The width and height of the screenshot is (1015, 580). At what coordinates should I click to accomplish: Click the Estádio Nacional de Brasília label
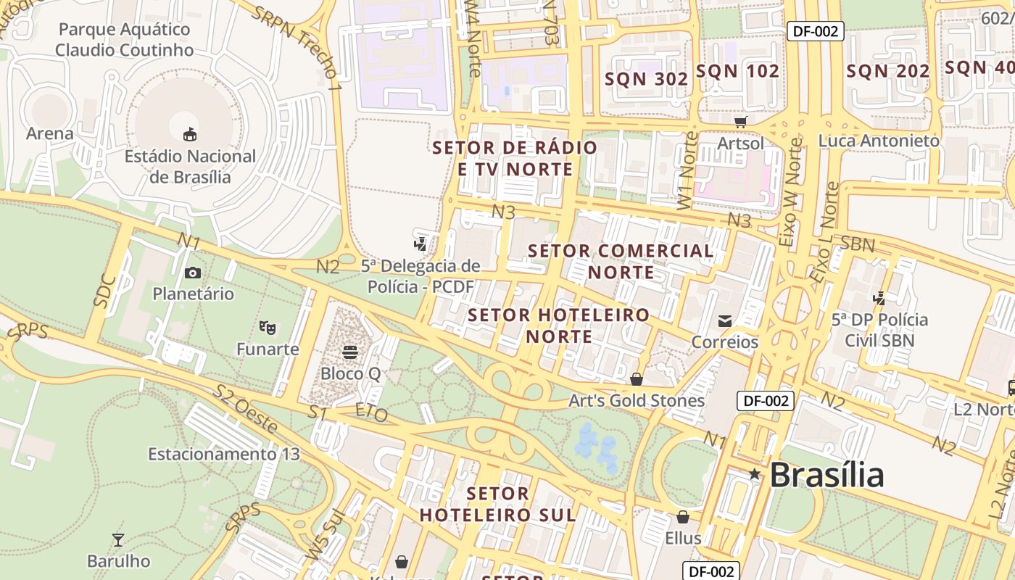coord(190,167)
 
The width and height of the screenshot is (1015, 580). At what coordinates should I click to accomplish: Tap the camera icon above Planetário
coord(192,273)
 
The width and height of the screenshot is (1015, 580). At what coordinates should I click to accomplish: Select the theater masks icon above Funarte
coord(268,328)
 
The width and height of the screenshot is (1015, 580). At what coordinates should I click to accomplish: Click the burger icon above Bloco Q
coord(350,352)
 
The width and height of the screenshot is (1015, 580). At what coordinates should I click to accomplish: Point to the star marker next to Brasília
coord(755,474)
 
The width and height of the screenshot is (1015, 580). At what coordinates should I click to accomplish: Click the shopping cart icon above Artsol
coord(740,122)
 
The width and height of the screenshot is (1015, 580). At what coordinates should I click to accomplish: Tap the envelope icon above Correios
coord(724,320)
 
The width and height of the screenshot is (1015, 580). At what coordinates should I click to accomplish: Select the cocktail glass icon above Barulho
coord(118,539)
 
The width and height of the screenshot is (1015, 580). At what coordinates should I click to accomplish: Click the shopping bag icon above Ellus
coord(682,517)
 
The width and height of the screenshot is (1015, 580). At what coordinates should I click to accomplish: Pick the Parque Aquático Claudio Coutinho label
coord(124,40)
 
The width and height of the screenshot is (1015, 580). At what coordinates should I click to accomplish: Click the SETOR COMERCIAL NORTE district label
coord(621,261)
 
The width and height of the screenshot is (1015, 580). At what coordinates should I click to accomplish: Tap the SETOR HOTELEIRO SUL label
coord(497,505)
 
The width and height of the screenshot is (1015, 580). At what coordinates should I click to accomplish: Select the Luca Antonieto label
coord(879,141)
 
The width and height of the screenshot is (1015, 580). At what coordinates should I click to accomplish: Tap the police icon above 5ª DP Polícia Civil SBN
coord(879,298)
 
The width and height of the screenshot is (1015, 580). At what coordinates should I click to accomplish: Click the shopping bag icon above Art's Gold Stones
coord(636,379)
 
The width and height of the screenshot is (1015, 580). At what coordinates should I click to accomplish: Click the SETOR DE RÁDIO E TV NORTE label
coord(515,158)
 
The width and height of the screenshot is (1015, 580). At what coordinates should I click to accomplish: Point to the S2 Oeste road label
coord(245,410)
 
